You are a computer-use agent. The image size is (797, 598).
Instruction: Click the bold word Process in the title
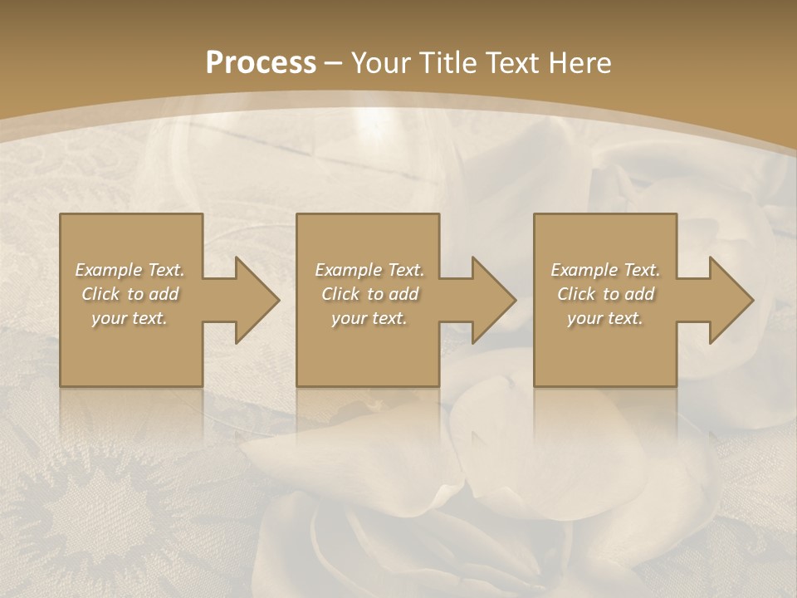tap(261, 63)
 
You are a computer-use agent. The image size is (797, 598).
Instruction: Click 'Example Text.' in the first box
tap(130, 270)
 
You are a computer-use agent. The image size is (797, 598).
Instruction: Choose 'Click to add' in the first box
tap(130, 294)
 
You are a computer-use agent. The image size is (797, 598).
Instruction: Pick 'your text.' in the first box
tap(130, 318)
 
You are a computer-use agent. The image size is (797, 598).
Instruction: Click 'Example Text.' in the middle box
tap(369, 270)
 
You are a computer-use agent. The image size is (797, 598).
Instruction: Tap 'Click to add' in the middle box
tap(369, 294)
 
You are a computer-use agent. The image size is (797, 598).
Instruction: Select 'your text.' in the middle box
tap(369, 318)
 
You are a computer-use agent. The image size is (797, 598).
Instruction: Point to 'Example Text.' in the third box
tap(605, 270)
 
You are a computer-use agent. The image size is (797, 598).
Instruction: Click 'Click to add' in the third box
tap(605, 294)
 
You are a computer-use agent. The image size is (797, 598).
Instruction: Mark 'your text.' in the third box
tap(605, 318)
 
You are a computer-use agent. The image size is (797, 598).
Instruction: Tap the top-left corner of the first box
tap(61, 216)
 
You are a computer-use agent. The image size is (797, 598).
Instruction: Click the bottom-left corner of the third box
tap(535, 385)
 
